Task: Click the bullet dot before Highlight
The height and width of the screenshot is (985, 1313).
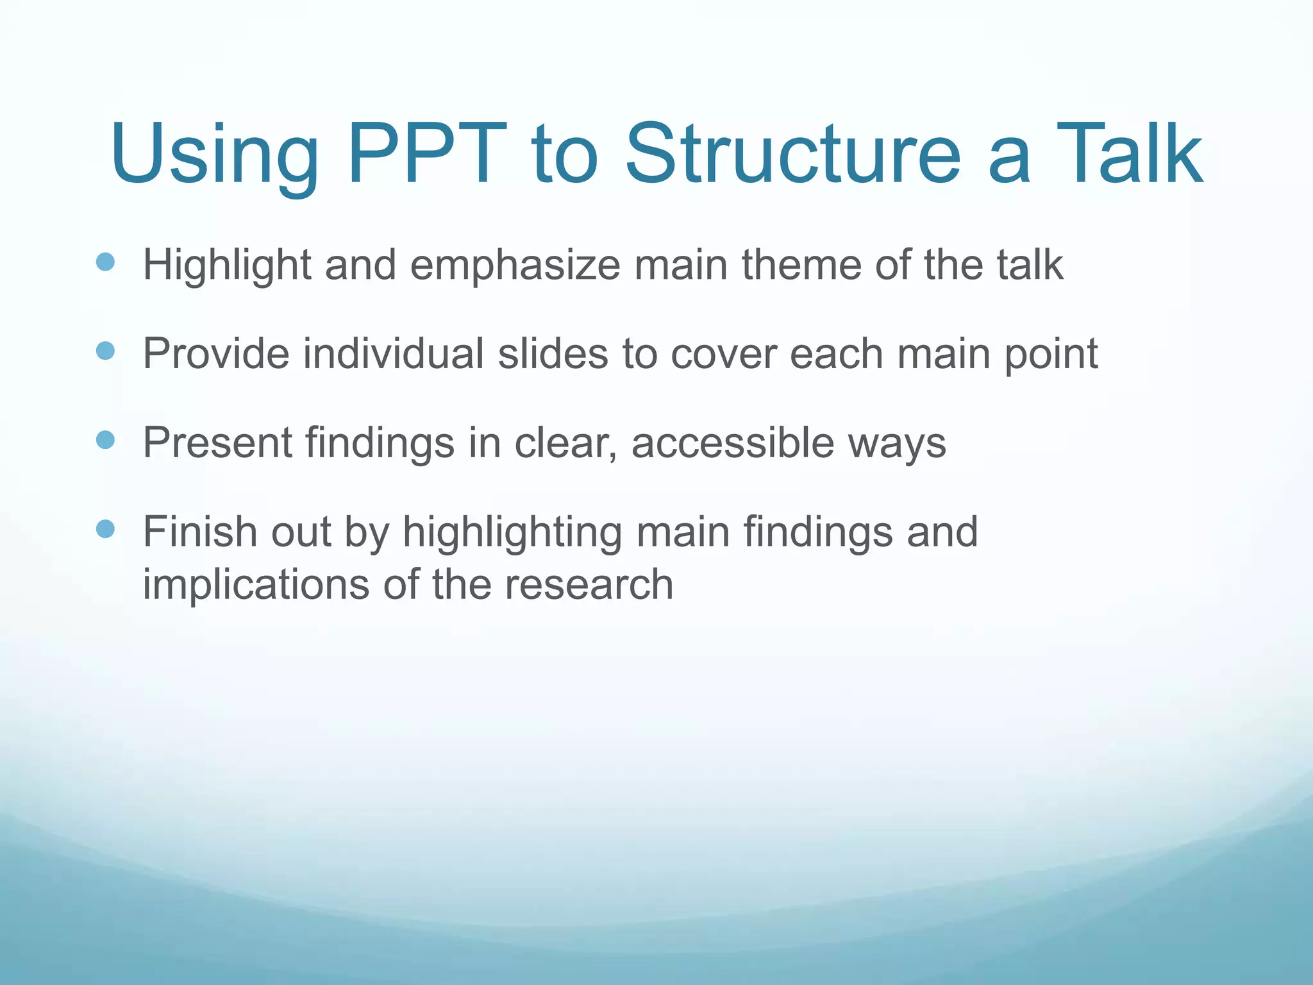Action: tap(105, 262)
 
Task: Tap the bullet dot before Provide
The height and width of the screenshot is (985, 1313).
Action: tap(105, 351)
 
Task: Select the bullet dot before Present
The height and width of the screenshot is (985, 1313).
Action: tap(105, 440)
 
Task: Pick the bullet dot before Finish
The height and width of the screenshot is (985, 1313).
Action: tap(105, 529)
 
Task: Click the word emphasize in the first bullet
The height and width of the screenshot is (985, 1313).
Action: tap(515, 265)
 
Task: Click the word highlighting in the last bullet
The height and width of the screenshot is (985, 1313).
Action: tap(512, 534)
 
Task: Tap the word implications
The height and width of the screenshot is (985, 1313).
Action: tap(255, 585)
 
